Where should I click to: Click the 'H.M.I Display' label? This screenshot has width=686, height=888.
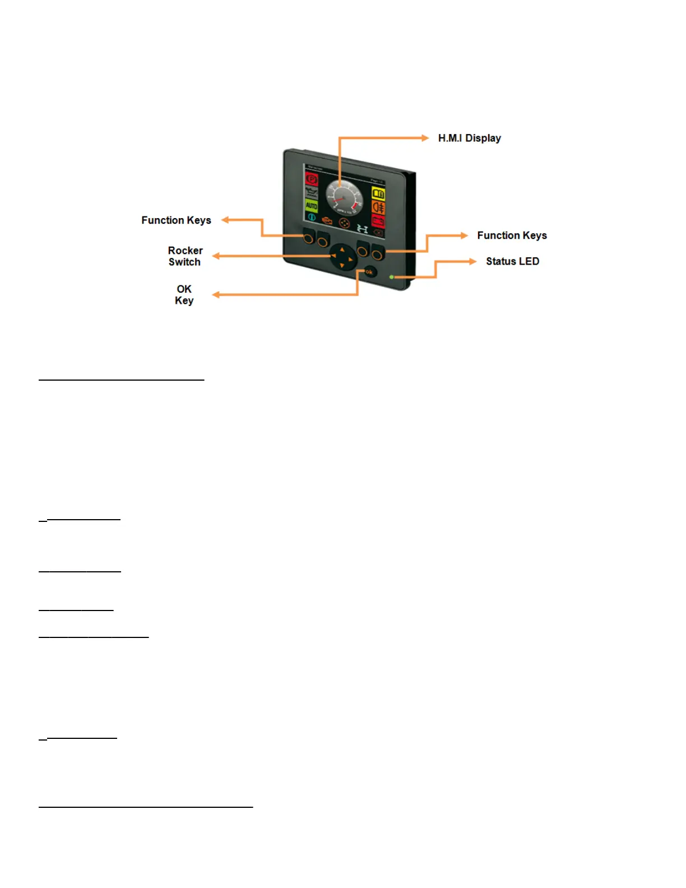tap(469, 138)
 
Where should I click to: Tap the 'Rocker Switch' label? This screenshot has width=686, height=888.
tap(185, 256)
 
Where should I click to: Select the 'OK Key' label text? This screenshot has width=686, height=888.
tap(184, 295)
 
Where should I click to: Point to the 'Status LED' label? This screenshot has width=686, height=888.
tap(512, 261)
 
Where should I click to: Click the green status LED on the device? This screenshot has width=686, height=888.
tap(391, 277)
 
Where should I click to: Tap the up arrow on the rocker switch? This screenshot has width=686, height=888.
tap(342, 249)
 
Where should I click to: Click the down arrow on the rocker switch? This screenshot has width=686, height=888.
tap(342, 265)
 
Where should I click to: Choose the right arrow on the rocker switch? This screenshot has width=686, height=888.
tap(351, 260)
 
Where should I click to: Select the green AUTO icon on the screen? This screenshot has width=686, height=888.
tap(311, 206)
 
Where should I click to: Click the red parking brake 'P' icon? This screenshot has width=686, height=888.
tap(311, 179)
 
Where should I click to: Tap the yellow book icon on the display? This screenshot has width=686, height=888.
tap(378, 194)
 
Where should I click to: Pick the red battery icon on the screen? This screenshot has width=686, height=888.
tap(378, 221)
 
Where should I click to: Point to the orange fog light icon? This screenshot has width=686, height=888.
tap(378, 207)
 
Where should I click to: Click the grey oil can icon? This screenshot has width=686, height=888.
tap(311, 193)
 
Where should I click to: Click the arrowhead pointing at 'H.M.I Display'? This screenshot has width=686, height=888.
tap(425, 138)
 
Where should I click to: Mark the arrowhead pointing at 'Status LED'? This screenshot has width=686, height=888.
tap(473, 261)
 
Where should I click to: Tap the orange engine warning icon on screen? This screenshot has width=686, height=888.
tap(327, 222)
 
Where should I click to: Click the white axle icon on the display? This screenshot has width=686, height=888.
tap(363, 229)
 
